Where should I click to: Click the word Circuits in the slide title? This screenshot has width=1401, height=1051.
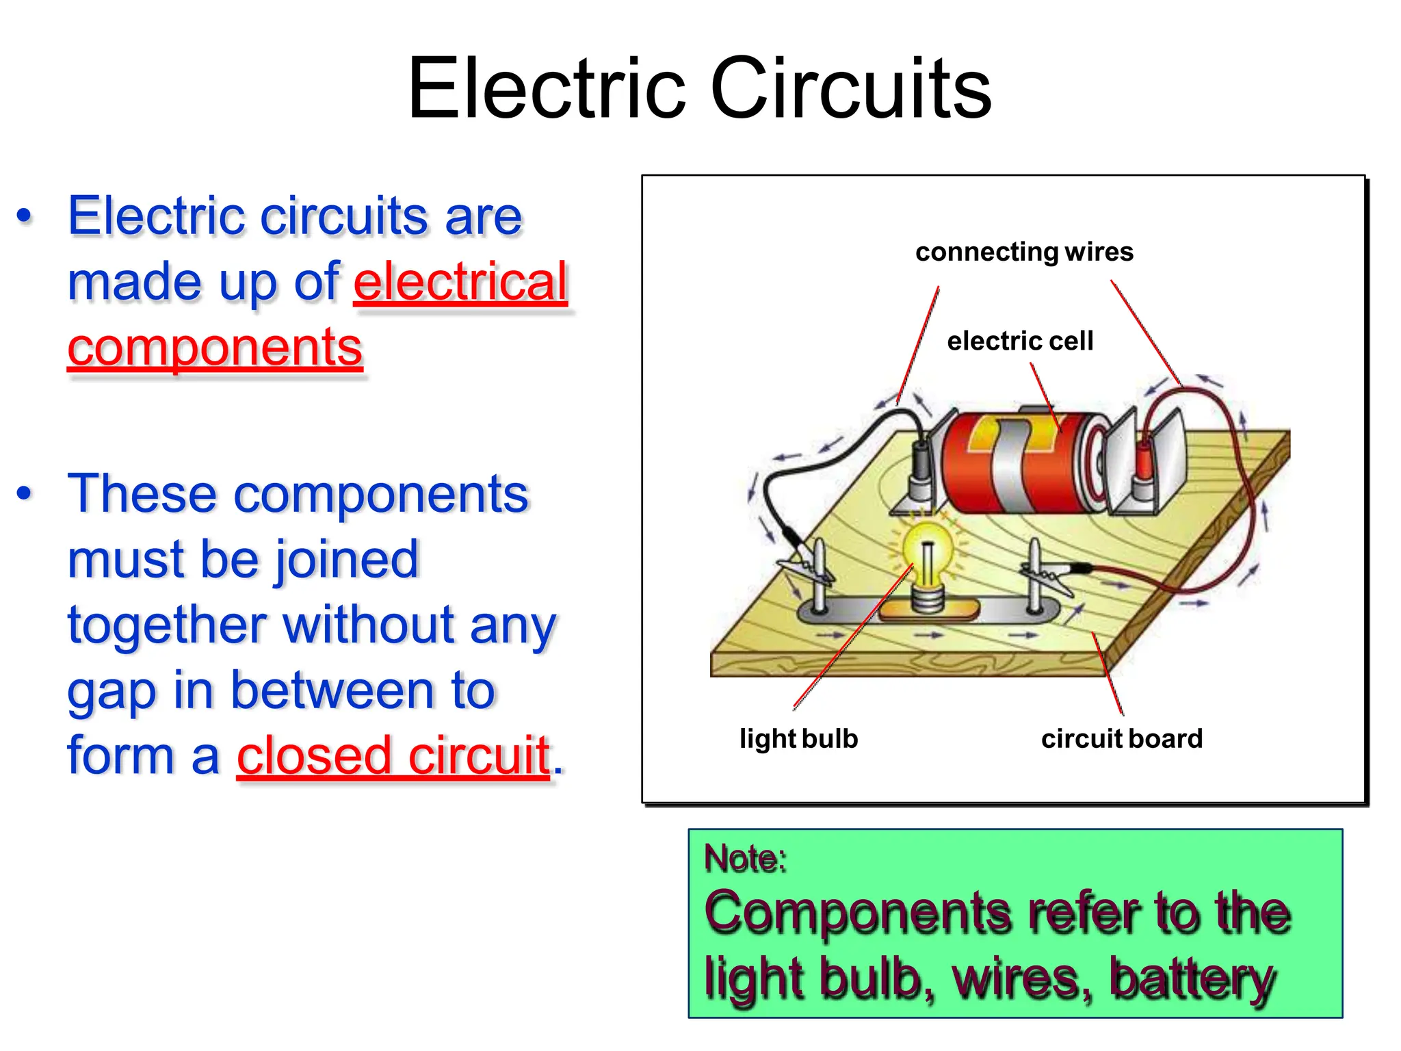[851, 89]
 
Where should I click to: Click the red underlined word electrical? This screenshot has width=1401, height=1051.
[460, 281]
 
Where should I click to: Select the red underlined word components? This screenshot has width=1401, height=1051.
[215, 347]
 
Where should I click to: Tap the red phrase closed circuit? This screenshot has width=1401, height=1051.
[393, 755]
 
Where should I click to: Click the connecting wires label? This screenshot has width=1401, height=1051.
[1024, 252]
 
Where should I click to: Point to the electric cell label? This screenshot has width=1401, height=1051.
[1020, 341]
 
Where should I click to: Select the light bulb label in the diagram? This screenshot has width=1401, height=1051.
[798, 739]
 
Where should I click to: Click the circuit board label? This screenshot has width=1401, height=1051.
[1121, 739]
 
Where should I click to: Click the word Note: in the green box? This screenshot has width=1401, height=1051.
[745, 858]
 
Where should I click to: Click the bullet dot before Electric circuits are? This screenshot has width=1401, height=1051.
[25, 216]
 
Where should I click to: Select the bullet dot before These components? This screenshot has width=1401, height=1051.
[25, 493]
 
